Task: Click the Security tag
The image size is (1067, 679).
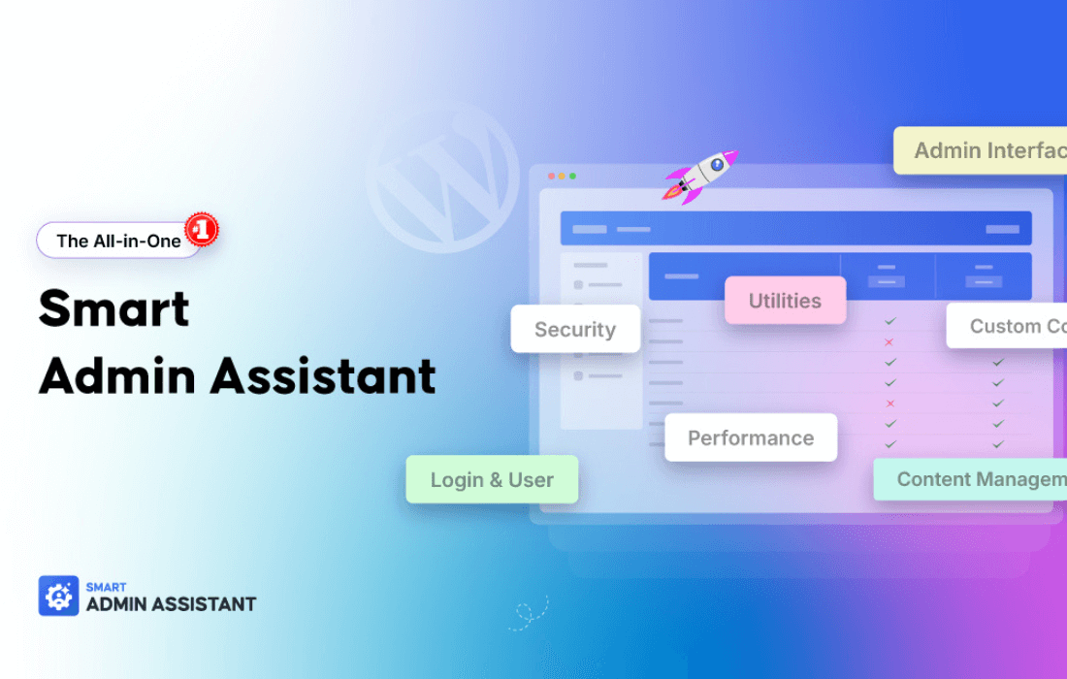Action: point(575,329)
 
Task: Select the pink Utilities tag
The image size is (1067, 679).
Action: point(785,301)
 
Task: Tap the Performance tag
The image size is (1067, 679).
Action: point(751,437)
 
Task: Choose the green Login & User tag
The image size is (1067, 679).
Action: point(492,479)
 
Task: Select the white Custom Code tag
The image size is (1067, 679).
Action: point(1009,326)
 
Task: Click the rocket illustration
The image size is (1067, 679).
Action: point(700,176)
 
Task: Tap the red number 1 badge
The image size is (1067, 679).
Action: point(202,229)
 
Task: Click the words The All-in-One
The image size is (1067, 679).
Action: point(118,241)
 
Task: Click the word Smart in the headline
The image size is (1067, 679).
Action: point(114,309)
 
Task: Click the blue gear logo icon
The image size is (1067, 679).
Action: point(58,596)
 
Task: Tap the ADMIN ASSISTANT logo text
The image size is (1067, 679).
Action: point(171,604)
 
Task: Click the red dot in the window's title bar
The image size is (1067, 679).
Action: point(552,177)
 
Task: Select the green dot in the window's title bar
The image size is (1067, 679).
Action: point(572,177)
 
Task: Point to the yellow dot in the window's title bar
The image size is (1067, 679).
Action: point(563,177)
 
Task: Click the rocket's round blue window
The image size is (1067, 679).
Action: point(718,165)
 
